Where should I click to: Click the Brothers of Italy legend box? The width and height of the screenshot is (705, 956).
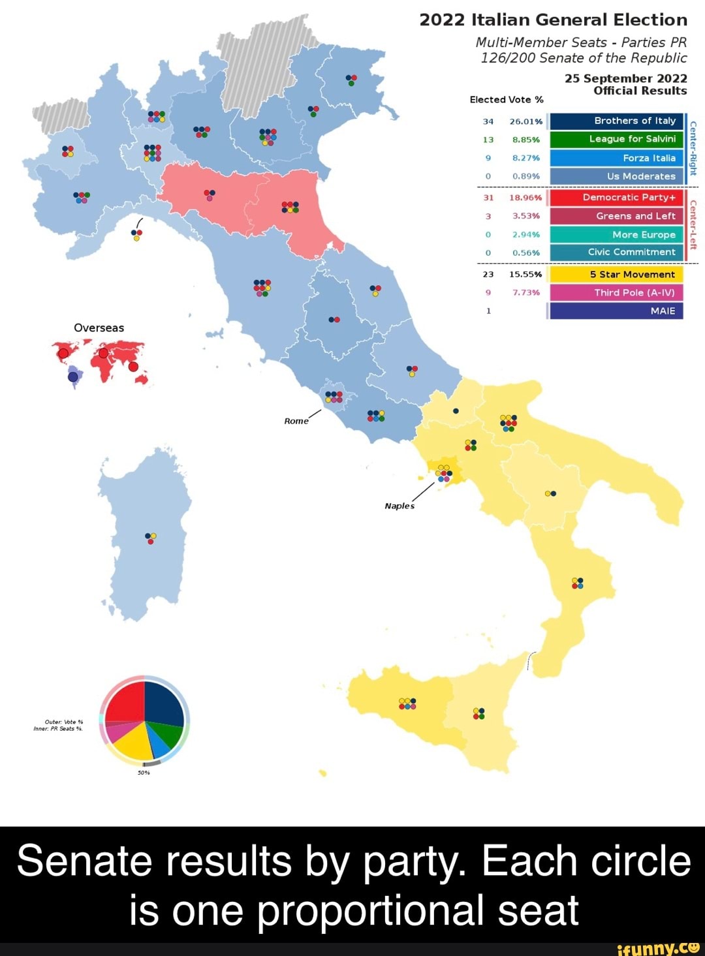[616, 121]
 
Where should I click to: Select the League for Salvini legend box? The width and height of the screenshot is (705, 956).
[616, 139]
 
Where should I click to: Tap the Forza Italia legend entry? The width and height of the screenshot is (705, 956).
[616, 158]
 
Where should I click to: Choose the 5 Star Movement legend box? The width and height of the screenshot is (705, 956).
[616, 275]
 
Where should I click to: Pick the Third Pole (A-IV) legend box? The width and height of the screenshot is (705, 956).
[616, 292]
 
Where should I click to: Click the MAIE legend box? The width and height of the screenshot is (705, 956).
[616, 311]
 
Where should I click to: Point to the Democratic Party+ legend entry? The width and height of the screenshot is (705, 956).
[616, 197]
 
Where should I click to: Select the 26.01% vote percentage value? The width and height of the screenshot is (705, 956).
[525, 121]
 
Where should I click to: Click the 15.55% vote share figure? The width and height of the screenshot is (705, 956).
[525, 275]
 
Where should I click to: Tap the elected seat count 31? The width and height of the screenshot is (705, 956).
[488, 198]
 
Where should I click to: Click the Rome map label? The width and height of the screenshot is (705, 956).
[296, 421]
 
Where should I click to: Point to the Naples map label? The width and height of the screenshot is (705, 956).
[399, 506]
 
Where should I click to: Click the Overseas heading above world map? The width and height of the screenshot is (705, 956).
[99, 328]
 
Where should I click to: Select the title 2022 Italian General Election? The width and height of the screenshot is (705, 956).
[553, 20]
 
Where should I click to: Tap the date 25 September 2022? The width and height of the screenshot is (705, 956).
[625, 78]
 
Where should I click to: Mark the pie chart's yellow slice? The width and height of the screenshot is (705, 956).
[134, 744]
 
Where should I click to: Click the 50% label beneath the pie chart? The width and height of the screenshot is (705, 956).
[144, 773]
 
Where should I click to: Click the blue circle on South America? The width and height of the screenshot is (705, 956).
[73, 375]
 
